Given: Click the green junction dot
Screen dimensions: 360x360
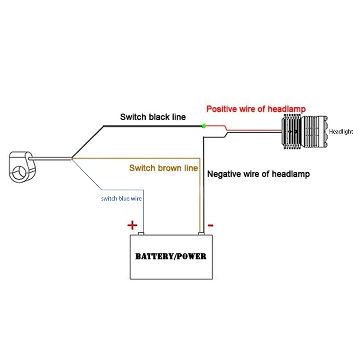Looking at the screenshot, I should coord(204,126).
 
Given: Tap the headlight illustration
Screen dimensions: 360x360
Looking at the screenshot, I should coord(304,132).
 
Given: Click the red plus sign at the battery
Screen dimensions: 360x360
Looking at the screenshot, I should coord(132,225).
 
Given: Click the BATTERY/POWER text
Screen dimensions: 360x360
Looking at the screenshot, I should coord(171,256).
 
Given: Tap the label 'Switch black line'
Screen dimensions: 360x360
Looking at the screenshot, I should coord(153,117).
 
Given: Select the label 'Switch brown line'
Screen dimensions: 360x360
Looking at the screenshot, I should coord(163,168).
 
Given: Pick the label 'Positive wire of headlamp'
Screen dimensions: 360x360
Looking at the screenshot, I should coord(256,109).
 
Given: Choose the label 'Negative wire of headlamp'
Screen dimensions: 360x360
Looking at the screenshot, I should coord(258,174).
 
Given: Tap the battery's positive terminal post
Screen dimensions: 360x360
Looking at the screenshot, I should coord(140,234).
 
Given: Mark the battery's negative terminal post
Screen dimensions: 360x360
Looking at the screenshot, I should coord(201,234).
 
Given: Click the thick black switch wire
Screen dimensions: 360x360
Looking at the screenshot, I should coord(153,126).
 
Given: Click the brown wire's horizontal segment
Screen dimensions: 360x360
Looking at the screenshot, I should coord(135,158).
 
